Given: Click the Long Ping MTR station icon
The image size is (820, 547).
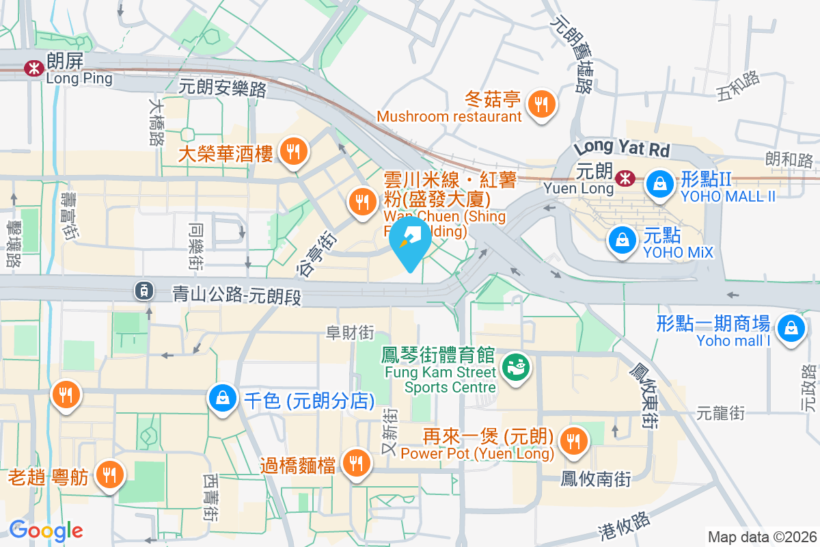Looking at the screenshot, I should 32,68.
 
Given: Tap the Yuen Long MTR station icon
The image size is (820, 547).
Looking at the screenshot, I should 623,178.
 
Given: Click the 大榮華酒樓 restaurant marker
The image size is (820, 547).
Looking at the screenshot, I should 295,151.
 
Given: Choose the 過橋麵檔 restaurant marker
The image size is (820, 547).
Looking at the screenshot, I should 355,464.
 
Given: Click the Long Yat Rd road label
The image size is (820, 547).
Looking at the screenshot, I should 622,147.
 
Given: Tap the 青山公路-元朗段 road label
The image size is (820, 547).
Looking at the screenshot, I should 236,296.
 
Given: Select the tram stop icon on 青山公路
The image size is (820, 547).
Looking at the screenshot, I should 143,291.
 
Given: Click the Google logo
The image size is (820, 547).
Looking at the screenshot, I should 46,530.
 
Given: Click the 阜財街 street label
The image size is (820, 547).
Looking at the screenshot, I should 350,332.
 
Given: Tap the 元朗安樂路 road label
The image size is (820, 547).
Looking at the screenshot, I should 222,87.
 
